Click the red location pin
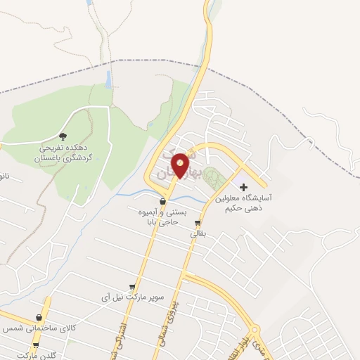coord(181,165)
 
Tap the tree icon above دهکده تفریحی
coord(63,136)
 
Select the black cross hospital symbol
coord(244,187)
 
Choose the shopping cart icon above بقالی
coord(197,225)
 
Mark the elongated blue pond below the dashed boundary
coord(109,79)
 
